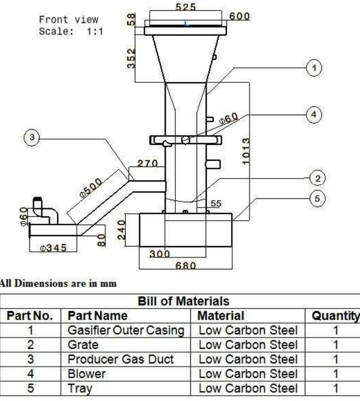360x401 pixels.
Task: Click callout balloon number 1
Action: (315, 68)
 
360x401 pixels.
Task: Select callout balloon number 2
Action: (317, 179)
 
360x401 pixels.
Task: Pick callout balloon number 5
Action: (317, 198)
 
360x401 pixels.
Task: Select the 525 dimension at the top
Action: (186, 7)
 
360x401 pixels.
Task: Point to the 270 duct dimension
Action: (148, 163)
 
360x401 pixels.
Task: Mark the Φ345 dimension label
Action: (54, 248)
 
